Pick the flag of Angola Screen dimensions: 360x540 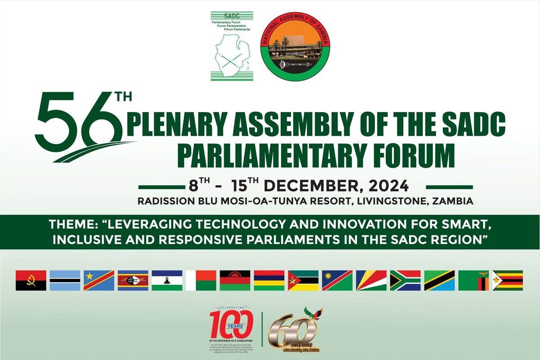tap(31, 280)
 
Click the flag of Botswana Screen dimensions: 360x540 tap(65, 280)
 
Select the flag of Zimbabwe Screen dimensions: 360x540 tap(508, 280)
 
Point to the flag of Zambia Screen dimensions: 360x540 tap(473, 280)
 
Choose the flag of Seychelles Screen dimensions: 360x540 tap(371, 280)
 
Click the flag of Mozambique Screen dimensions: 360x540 tap(303, 280)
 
